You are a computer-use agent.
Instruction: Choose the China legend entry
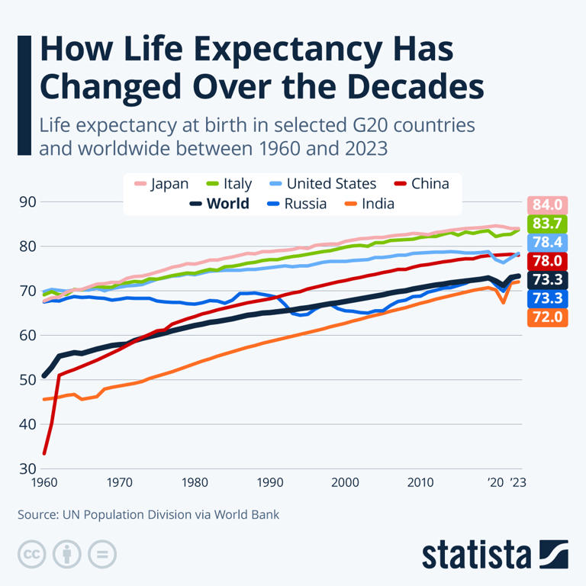pyautogui.click(x=420, y=184)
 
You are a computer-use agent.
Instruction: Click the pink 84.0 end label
pyautogui.click(x=547, y=204)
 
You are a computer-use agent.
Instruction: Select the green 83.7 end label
pyautogui.click(x=547, y=224)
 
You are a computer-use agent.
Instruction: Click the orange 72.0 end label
pyautogui.click(x=547, y=316)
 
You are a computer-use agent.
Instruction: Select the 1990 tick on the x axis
pyautogui.click(x=270, y=483)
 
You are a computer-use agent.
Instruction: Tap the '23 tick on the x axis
pyautogui.click(x=518, y=483)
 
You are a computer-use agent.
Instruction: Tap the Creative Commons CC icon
pyautogui.click(x=31, y=554)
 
